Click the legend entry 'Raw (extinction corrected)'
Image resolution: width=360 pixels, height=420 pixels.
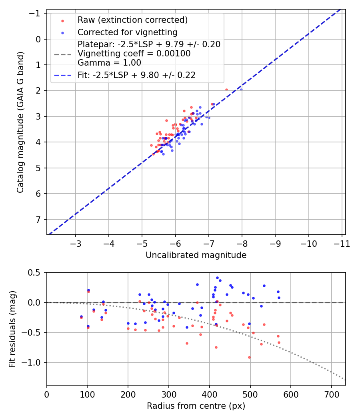[132, 20]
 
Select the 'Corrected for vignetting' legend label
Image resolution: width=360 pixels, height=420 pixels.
[128, 32]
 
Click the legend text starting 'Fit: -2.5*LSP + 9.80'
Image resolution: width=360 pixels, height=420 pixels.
[136, 75]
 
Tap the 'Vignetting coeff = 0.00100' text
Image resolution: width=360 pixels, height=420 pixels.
[134, 54]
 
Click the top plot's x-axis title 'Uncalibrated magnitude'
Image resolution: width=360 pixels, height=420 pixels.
[196, 255]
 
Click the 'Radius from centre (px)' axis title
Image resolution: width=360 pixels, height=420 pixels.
[196, 406]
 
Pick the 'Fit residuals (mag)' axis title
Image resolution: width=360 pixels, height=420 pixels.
[12, 329]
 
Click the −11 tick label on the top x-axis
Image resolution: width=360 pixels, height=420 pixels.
[342, 244]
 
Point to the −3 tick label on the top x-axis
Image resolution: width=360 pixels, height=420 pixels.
[76, 244]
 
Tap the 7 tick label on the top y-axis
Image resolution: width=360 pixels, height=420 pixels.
[39, 220]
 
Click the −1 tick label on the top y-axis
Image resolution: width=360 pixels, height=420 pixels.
[36, 14]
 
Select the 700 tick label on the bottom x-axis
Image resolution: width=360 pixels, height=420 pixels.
[332, 394]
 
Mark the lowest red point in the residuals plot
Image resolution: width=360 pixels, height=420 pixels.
[249, 357]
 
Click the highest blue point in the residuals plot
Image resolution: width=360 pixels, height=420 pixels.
[217, 278]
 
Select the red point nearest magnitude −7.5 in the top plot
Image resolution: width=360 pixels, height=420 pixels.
[226, 90]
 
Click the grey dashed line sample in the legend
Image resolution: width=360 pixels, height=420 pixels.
[62, 54]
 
